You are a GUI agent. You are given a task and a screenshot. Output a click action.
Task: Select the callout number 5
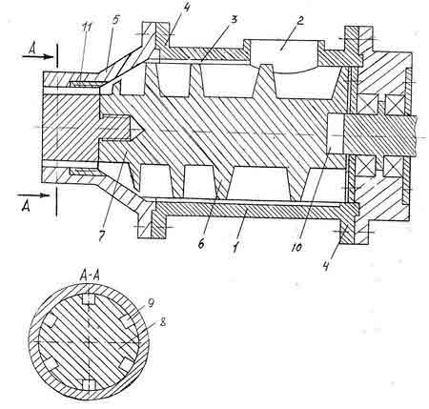pos(115,20)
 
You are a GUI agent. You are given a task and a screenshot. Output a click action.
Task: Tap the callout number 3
pos(234,20)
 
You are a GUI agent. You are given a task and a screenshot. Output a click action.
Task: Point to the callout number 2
pos(300,21)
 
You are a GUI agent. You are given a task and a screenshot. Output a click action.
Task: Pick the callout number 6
pos(201,244)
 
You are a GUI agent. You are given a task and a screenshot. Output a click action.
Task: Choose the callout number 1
pos(235,247)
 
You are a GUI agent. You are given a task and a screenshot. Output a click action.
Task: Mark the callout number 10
pos(296,248)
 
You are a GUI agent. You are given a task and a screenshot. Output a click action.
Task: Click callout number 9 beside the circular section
pos(151,303)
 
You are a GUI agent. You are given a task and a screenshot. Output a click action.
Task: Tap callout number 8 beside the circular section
pos(163,322)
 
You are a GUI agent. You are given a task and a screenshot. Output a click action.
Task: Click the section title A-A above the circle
pos(90,276)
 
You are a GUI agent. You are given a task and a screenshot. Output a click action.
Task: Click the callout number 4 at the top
pos(186,8)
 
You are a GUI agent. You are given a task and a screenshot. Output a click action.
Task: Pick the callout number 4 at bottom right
pos(327,266)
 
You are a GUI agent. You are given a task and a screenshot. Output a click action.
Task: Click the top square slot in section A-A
pos(89,299)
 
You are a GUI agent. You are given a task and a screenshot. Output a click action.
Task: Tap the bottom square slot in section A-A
pos(89,384)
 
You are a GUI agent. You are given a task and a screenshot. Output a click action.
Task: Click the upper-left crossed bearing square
pos(367,103)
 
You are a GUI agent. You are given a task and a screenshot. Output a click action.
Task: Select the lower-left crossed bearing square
pos(366,166)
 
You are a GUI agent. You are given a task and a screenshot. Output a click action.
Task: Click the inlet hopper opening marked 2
pos(284,51)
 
